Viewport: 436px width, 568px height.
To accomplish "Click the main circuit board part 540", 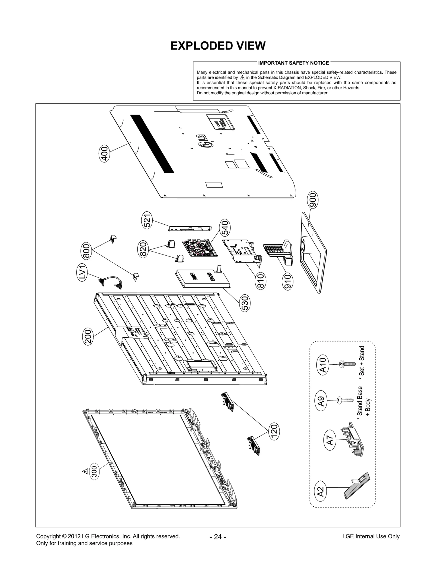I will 200,248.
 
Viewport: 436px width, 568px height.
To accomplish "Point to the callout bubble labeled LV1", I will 81,272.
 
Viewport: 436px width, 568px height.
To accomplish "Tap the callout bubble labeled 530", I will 245,303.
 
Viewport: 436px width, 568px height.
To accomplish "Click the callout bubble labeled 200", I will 88,337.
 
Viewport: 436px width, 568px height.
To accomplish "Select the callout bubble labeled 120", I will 274,431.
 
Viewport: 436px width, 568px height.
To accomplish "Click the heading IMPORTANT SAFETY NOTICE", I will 293,63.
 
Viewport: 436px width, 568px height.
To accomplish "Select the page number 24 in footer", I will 218,537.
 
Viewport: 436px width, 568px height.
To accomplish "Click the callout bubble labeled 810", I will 261,281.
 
